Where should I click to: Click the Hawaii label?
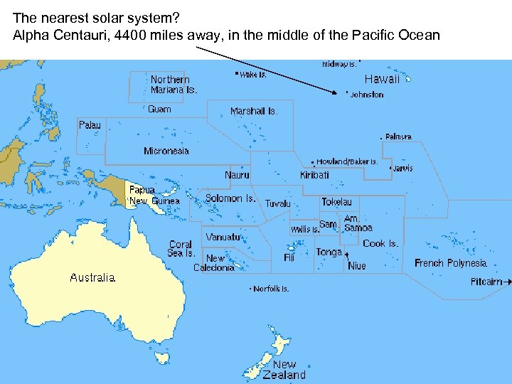[x=382, y=79]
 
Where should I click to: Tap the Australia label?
[x=92, y=277]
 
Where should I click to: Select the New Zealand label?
[x=284, y=370]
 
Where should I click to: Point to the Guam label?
[x=159, y=110]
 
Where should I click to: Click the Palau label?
[x=90, y=125]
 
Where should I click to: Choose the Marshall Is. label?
[x=253, y=111]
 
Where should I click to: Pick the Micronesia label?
[x=166, y=151]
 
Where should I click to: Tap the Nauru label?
[x=237, y=175]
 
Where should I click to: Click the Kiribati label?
[x=314, y=175]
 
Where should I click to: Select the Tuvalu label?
[x=278, y=203]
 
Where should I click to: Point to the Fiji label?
[x=289, y=257]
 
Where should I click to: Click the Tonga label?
[x=329, y=252]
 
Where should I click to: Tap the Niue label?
[x=357, y=266]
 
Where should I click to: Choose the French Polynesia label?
[x=451, y=263]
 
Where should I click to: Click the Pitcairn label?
[x=486, y=282]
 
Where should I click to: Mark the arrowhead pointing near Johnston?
[x=335, y=92]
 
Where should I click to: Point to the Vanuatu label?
[x=223, y=237]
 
